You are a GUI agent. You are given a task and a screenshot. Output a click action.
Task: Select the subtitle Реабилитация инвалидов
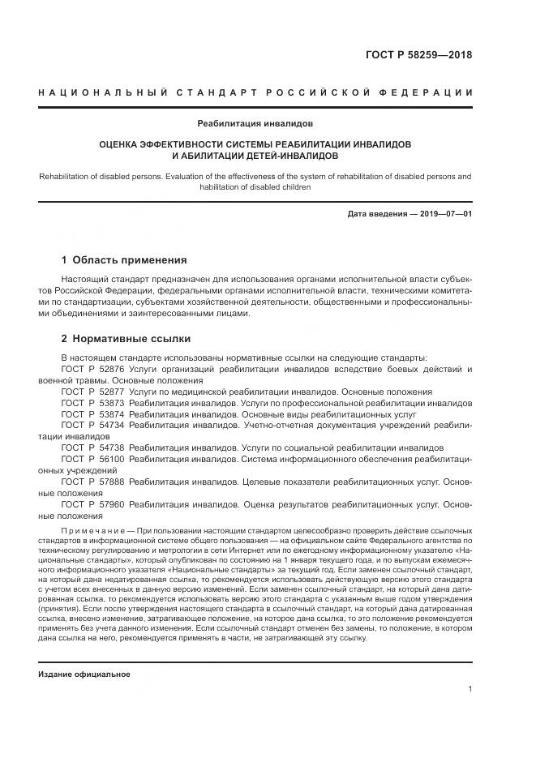255,124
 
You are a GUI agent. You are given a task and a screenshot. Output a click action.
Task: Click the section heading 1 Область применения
124,260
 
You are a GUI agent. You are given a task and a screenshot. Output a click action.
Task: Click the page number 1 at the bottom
470,689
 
